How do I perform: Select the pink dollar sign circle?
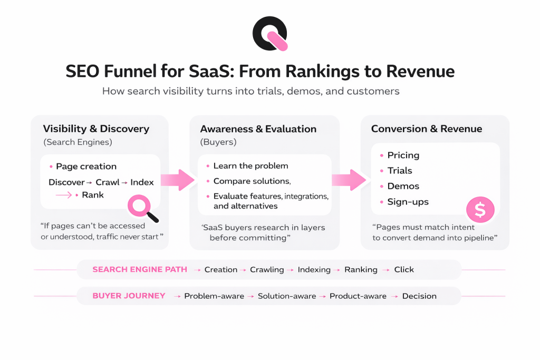click(480, 210)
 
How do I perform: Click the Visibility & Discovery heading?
click(96, 129)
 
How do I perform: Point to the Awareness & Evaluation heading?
click(258, 129)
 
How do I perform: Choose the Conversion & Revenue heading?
click(427, 129)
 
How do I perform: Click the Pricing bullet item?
click(403, 155)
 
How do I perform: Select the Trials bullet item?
click(400, 171)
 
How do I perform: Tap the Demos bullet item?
click(403, 186)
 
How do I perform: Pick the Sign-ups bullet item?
click(408, 201)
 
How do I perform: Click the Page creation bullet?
click(86, 167)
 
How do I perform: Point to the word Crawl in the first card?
click(108, 182)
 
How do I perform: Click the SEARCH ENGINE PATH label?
click(140, 269)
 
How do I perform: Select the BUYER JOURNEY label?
click(129, 296)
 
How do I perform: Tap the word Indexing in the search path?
click(314, 269)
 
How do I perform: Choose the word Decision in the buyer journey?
click(419, 296)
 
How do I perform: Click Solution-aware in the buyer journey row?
click(287, 296)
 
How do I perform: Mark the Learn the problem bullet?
click(250, 166)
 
